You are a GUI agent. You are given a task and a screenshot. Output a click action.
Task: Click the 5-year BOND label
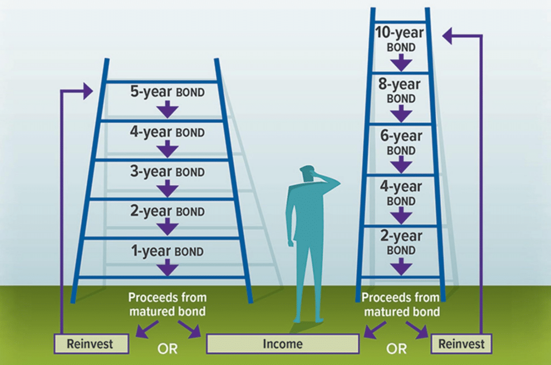tap(167, 92)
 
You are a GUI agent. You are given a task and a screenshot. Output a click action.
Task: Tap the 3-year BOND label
tap(167, 172)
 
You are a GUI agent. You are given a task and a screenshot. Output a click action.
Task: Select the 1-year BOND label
tap(167, 251)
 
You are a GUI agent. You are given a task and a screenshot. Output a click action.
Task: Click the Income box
tap(282, 343)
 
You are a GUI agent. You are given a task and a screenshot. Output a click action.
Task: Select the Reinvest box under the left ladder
tap(91, 343)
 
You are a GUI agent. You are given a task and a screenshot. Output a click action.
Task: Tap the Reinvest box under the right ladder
tap(462, 343)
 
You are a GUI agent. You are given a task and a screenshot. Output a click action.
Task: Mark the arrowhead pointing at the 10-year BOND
tap(448, 36)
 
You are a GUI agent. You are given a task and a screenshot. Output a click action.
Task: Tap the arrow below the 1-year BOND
tap(168, 268)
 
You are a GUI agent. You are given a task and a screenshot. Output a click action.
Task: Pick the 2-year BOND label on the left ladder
tap(167, 212)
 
